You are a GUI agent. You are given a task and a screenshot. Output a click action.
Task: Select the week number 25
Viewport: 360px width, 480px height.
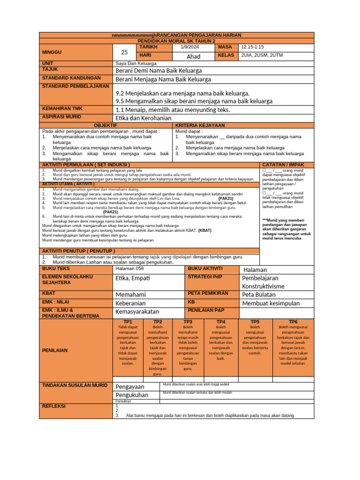pos(124,52)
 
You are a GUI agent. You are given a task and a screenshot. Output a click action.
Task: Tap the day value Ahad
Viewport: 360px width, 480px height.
pos(193,56)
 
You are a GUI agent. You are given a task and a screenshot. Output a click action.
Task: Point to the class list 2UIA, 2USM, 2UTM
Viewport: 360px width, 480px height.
pos(261,55)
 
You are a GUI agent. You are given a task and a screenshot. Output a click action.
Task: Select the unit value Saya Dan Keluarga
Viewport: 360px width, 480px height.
pos(136,63)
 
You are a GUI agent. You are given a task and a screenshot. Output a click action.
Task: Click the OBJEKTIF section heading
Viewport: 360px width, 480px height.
pos(106,126)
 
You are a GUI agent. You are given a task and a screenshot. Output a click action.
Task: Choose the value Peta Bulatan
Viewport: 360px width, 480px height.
pos(258,294)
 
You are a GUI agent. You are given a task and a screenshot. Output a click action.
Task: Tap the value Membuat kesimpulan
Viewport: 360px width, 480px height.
pos(270,303)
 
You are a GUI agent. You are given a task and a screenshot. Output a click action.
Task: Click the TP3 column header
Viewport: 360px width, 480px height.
pos(188,322)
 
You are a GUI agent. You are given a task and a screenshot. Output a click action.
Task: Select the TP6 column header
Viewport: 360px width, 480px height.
pos(293,322)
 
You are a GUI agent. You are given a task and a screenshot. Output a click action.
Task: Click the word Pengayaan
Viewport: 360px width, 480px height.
pos(130,387)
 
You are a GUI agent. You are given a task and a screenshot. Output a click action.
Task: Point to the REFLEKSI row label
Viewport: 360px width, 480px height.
pos(54,406)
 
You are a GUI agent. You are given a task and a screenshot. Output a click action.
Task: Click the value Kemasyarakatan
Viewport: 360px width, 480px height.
pos(137,311)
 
